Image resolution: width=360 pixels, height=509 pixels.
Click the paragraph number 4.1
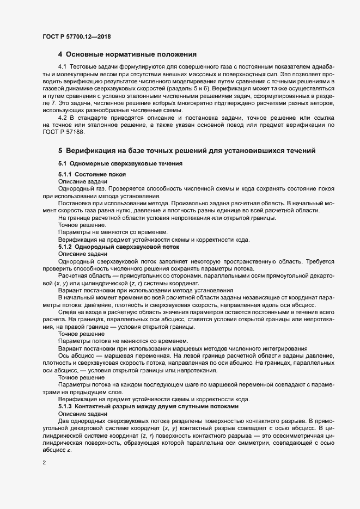pyautogui.click(x=63, y=66)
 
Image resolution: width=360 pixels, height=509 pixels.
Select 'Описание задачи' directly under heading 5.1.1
pyautogui.click(x=83, y=181)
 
